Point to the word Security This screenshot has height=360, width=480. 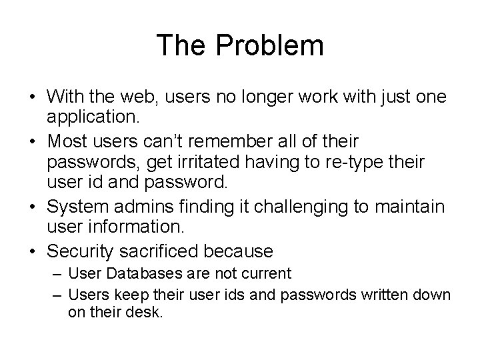click(77, 251)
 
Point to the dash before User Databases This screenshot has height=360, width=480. click(56, 273)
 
